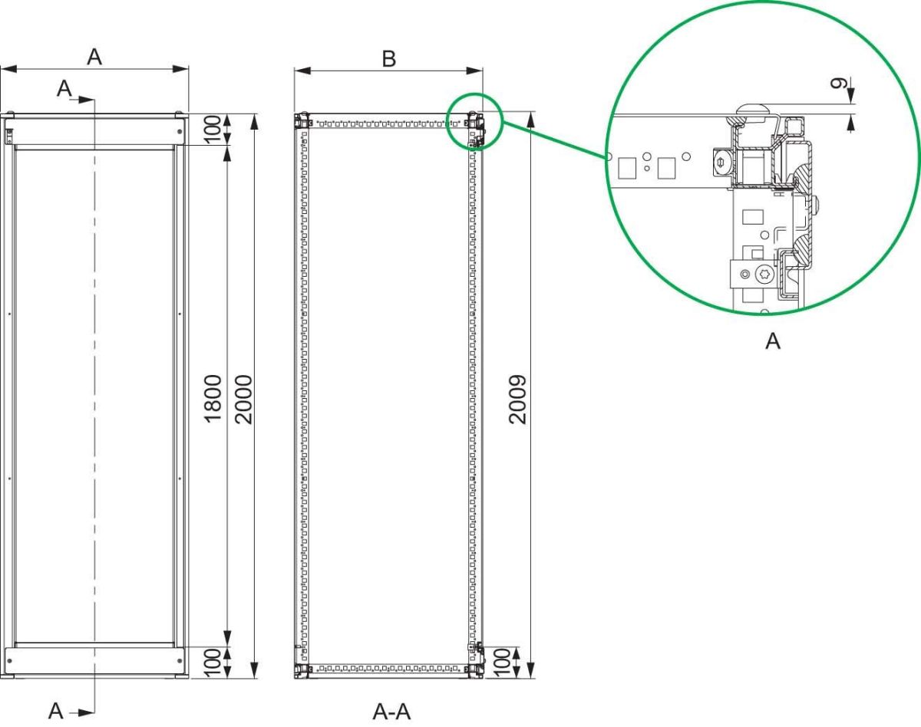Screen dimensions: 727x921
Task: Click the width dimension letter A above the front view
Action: (94, 57)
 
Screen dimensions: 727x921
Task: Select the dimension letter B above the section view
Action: (388, 58)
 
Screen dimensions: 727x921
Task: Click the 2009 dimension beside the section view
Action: (519, 399)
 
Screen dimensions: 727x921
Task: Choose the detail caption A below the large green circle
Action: (772, 341)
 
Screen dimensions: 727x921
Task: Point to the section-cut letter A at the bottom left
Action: (56, 711)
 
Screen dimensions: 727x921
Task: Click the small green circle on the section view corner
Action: (474, 120)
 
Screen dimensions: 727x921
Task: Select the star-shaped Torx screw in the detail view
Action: (764, 275)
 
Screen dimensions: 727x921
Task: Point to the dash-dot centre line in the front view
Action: (94, 383)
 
